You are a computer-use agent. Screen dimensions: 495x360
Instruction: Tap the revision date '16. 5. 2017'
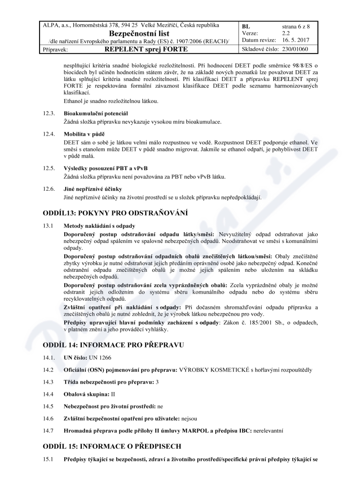tap(297, 40)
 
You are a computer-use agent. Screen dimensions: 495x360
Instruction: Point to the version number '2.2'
tap(286, 33)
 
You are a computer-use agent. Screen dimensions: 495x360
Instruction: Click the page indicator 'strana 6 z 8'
tap(296, 27)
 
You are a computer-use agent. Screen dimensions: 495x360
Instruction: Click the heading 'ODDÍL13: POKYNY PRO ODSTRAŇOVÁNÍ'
tap(115, 213)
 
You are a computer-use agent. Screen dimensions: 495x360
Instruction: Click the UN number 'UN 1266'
tap(99, 357)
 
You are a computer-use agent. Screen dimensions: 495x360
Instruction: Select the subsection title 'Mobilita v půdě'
tap(84, 134)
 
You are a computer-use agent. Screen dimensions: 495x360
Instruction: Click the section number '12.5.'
tap(49, 168)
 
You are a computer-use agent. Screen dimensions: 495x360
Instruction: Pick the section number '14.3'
tap(48, 382)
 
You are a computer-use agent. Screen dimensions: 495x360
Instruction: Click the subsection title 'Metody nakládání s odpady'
tap(99, 225)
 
